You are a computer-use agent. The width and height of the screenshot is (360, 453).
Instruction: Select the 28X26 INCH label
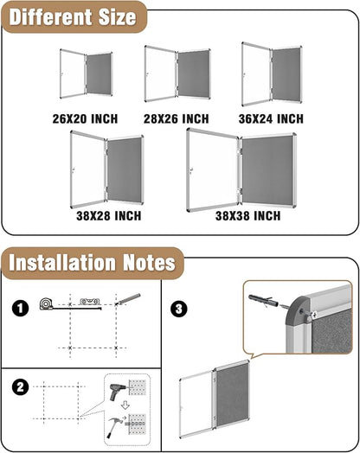176,118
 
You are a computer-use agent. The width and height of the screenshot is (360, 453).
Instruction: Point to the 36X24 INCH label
270,118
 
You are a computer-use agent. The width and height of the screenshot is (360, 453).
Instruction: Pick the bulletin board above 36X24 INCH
271,74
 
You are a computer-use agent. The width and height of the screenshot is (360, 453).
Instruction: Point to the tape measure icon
47,305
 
